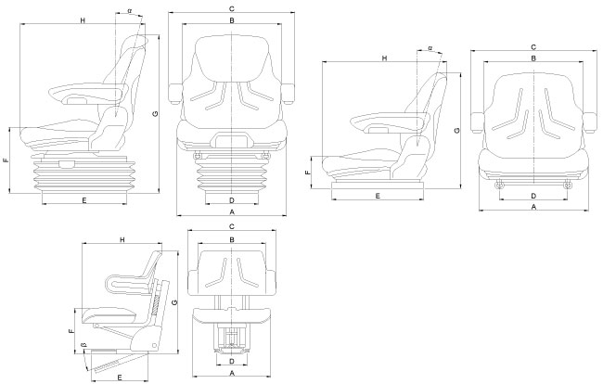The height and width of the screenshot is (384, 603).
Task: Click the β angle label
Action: pos(84,347)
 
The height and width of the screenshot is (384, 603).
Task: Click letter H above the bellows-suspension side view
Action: pos(83,19)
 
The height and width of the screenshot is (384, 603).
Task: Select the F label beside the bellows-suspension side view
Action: pos(6,160)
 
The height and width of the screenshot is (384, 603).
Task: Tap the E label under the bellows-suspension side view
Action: pos(84,200)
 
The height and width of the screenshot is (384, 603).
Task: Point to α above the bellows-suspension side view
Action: pos(129,13)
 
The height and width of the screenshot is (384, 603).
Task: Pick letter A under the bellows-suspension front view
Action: pos(231,212)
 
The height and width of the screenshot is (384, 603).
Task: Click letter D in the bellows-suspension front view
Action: pos(231,200)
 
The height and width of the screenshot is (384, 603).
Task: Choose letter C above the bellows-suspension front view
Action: pos(231,9)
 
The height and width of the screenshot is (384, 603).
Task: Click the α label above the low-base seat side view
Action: pos(430,47)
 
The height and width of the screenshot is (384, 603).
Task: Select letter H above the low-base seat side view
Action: pos(384,59)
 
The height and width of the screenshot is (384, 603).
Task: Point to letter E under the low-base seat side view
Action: pos(379,197)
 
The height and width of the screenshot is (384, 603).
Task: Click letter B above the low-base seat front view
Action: pos(533,58)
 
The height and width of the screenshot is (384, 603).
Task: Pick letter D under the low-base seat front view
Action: pos(533,196)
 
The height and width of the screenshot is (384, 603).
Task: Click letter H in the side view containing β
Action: pos(122,240)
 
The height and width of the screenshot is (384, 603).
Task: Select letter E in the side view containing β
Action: pos(121,377)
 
